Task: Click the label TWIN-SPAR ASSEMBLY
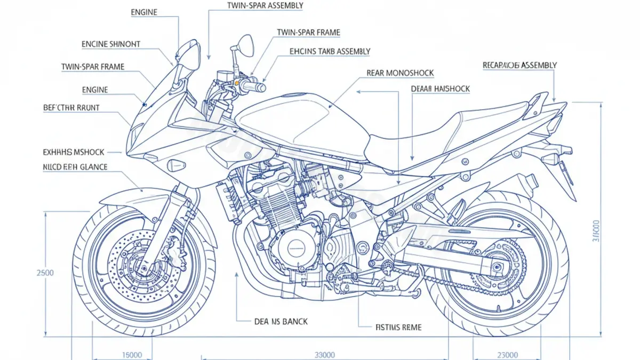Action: point(265,6)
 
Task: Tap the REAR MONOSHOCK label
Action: point(400,73)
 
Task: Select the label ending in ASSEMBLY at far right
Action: point(519,65)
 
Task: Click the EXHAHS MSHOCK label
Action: point(73,152)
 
